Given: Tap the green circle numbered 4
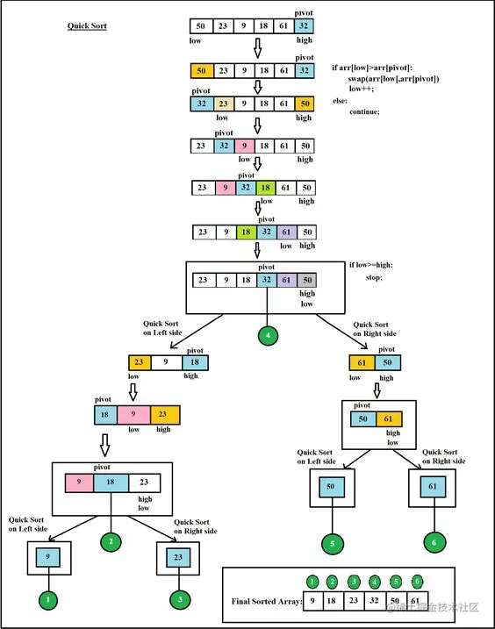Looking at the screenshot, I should [x=268, y=333].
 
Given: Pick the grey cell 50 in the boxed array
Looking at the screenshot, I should [x=305, y=280].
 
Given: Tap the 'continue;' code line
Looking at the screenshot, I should [x=364, y=111].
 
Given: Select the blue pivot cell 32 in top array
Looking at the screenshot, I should [x=304, y=26].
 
